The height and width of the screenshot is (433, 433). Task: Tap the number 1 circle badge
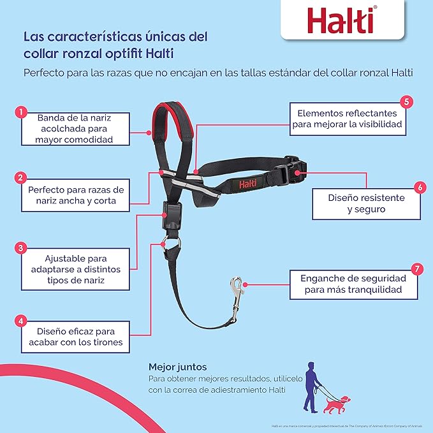tap(21, 113)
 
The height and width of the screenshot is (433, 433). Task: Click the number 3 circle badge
tap(21, 247)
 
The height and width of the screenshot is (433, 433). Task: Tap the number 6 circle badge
tap(419, 187)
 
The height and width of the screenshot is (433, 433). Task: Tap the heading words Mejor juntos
tap(175, 367)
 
